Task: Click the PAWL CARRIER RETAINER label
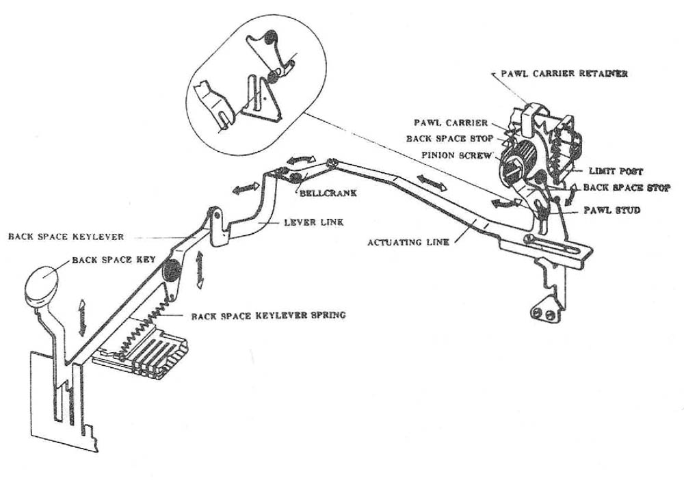[564, 73]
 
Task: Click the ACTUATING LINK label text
[408, 242]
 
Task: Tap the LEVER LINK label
[306, 223]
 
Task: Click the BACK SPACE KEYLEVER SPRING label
[268, 316]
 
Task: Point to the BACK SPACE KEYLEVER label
[66, 237]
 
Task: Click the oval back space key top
[42, 284]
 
